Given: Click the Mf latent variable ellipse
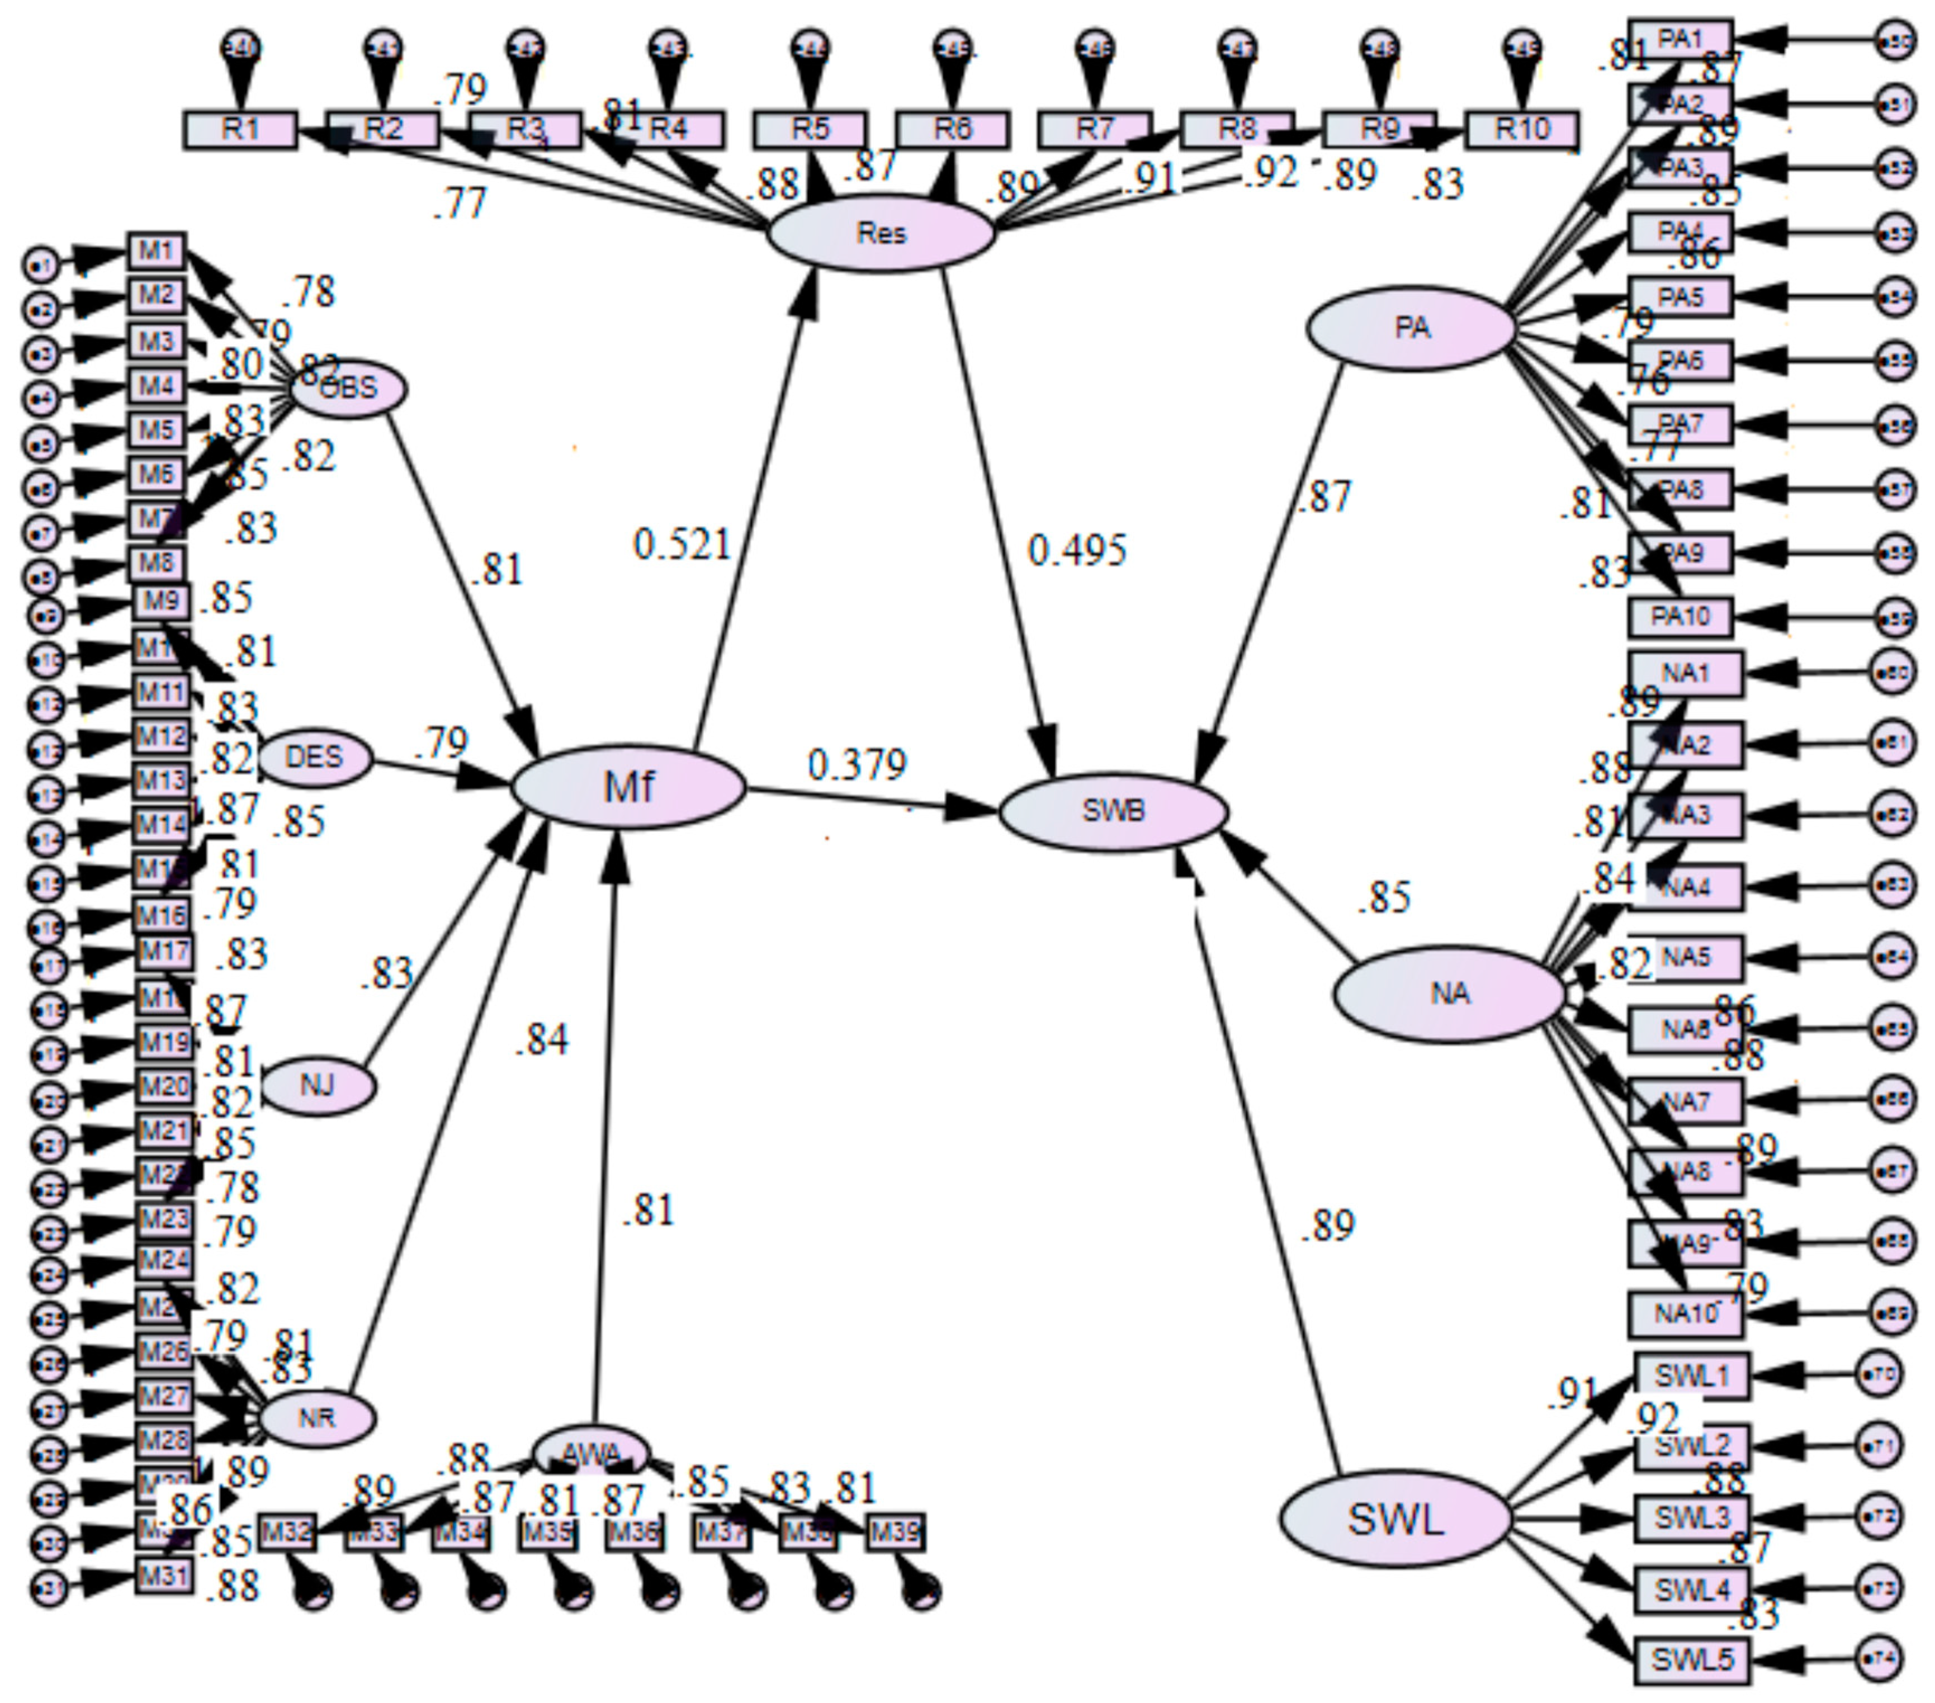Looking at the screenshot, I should coord(628,787).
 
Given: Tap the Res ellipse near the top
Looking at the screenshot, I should coord(881,233).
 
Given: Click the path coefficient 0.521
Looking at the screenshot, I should coord(682,545).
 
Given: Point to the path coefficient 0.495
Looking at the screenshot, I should coord(1077,550).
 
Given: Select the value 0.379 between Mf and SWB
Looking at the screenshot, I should coord(857,764).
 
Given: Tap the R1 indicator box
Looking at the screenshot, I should coord(240,130).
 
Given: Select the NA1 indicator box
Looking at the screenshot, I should coord(1685,673).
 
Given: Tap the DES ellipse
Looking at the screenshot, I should coord(314,758).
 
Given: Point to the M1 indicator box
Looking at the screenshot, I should coord(156,251).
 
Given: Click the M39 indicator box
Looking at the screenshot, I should coord(895,1532).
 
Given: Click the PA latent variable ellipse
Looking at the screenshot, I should coord(1411,329).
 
